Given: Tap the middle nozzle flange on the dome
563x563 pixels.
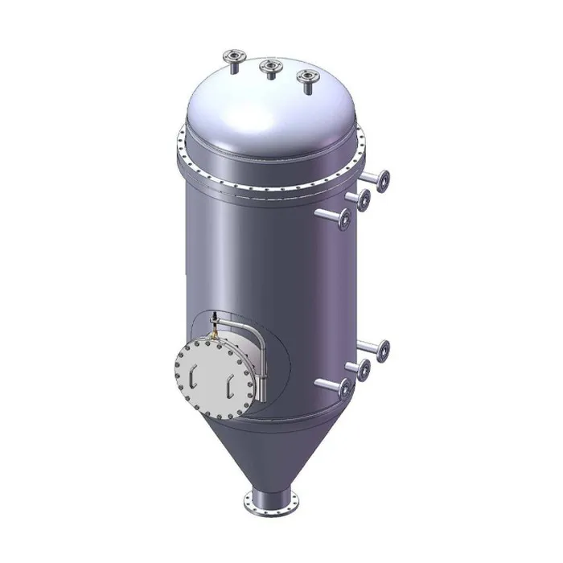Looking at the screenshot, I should (269, 67).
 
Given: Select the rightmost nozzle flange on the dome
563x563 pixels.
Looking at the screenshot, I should (306, 77).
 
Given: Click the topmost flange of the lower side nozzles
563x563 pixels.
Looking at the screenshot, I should (381, 350).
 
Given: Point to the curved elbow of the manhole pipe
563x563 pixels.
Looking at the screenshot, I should (255, 332).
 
